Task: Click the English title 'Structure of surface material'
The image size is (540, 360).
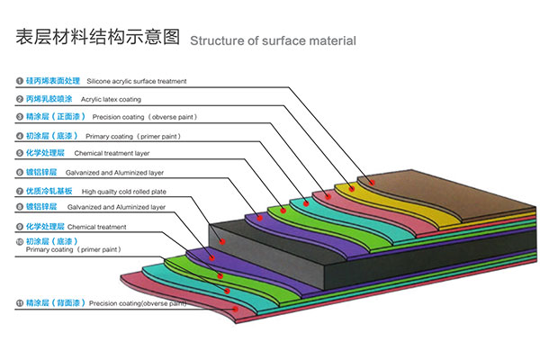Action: click(x=273, y=40)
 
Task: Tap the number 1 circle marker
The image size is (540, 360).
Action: click(x=19, y=81)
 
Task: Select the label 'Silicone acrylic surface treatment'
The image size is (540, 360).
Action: click(x=137, y=81)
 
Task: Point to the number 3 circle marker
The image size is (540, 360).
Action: click(x=19, y=117)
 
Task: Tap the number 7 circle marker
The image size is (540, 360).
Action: click(x=19, y=192)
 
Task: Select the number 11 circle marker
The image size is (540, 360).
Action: click(x=19, y=304)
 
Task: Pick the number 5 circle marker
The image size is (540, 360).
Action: click(x=19, y=154)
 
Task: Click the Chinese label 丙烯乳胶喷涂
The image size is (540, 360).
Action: click(x=51, y=99)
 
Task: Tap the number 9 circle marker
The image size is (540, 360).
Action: click(x=19, y=227)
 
